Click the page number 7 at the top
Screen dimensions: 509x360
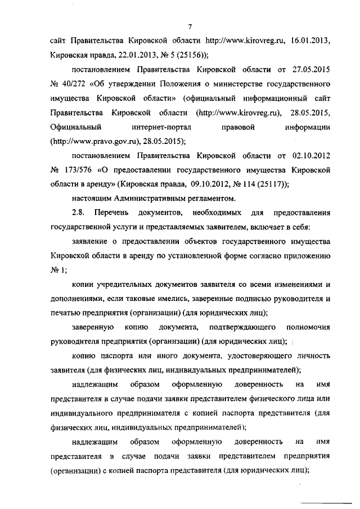pos(191,26)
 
